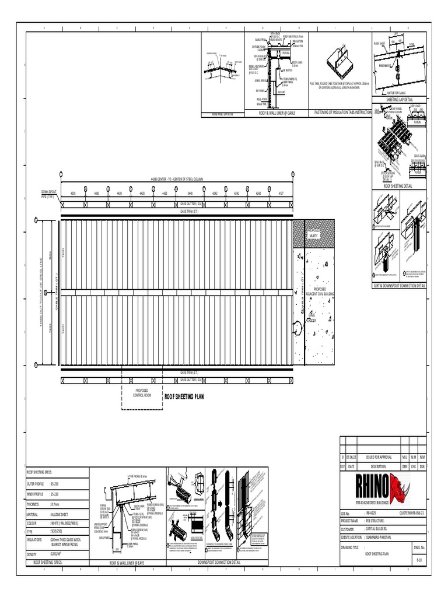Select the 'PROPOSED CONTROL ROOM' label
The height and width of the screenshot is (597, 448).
[x=142, y=392]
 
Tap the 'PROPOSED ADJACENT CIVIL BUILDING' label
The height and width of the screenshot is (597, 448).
[x=320, y=291]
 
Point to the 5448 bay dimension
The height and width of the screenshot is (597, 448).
[x=190, y=192]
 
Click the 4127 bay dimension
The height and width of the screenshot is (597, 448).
[x=281, y=192]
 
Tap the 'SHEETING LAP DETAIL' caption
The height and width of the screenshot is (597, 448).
[x=400, y=100]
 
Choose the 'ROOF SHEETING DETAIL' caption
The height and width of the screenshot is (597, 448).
[x=400, y=185]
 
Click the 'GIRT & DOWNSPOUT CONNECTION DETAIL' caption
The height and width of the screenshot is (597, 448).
[x=400, y=286]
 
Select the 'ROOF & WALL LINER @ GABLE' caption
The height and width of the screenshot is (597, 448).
[x=277, y=113]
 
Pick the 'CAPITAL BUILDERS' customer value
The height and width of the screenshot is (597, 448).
[x=379, y=529]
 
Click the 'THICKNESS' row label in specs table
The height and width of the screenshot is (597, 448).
[x=36, y=504]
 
